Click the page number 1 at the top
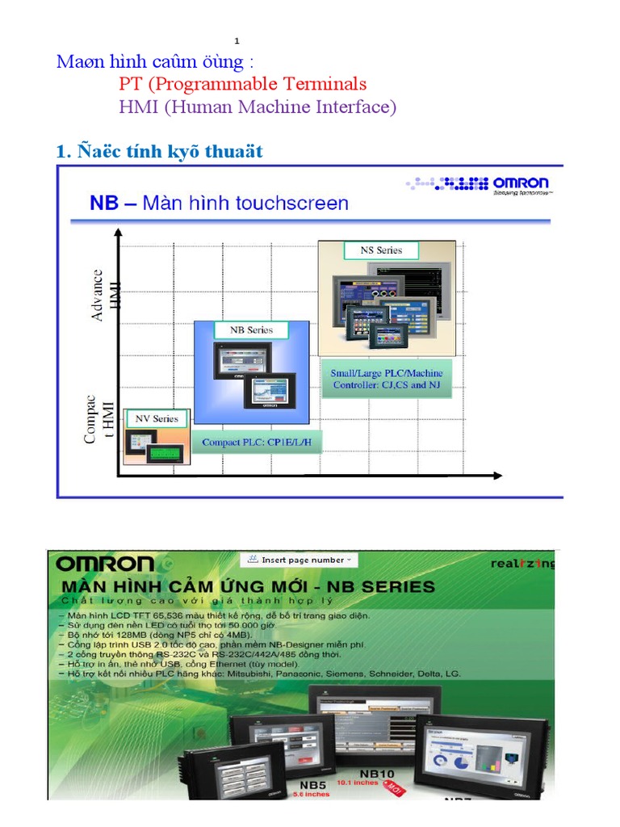click(237, 41)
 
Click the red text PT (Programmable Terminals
click(242, 84)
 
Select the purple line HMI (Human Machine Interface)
click(258, 107)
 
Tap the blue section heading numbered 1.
click(159, 151)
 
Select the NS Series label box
click(381, 250)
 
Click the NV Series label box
click(157, 418)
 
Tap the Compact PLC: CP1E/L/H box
click(256, 443)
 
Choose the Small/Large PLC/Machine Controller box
click(387, 379)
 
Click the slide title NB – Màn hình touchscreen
click(219, 203)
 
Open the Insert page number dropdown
click(298, 560)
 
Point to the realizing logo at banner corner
click(522, 564)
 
